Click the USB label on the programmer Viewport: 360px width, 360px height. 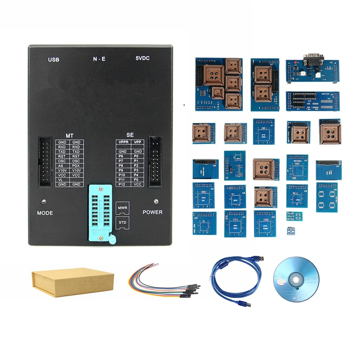pos(53,59)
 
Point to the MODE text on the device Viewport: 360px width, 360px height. pos(45,213)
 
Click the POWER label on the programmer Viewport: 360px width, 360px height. pos(153,212)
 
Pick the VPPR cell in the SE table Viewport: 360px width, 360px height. pos(123,142)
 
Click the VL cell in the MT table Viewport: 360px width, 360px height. pos(61,180)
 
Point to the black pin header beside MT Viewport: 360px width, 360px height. pos(45,162)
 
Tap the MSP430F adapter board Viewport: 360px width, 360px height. pos(312,101)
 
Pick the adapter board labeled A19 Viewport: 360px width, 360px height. pos(327,197)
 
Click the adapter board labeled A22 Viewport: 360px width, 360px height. pos(266,224)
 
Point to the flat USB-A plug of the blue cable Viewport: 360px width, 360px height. pos(260,258)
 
